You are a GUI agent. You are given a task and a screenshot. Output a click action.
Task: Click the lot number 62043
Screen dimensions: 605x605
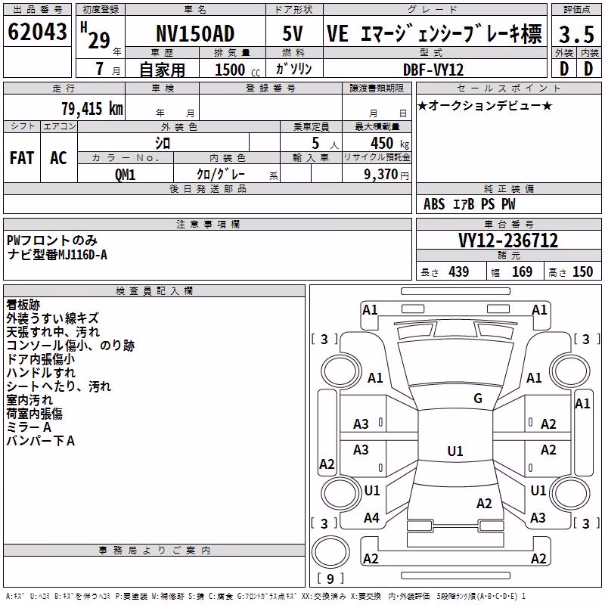(37, 31)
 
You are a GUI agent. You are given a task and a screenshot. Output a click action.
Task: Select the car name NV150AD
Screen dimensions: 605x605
(195, 33)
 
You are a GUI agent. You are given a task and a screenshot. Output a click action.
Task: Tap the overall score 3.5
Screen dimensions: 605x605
(576, 34)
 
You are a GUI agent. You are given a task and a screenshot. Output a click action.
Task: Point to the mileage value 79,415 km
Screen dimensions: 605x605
(92, 109)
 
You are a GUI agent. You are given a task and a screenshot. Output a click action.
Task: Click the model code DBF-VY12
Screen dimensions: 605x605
(433, 70)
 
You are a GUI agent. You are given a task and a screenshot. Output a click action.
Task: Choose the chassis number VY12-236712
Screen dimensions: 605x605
(508, 240)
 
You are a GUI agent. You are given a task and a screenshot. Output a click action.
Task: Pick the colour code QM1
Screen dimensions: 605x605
(125, 175)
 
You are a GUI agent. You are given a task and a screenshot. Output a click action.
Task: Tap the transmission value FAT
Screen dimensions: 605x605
(22, 158)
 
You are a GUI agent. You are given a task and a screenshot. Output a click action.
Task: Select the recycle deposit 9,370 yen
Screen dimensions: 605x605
(386, 175)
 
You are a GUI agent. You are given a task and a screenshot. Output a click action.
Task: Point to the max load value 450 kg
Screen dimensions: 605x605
(389, 143)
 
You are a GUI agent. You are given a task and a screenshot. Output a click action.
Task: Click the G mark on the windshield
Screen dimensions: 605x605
(478, 399)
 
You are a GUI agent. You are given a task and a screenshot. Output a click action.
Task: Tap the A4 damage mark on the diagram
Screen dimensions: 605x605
(371, 518)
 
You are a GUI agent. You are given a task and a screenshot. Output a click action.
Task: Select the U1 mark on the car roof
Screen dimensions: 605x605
(455, 451)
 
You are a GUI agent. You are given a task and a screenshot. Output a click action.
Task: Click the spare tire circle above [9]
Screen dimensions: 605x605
(330, 552)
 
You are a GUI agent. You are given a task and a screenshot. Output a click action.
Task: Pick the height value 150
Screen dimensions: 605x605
(582, 272)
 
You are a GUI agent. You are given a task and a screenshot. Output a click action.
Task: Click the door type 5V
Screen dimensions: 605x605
(293, 33)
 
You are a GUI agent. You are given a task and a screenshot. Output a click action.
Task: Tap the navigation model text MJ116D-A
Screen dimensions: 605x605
(82, 255)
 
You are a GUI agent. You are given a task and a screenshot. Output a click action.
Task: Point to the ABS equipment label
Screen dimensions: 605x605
(434, 204)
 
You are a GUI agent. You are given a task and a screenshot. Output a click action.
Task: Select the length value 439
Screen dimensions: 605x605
(459, 272)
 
